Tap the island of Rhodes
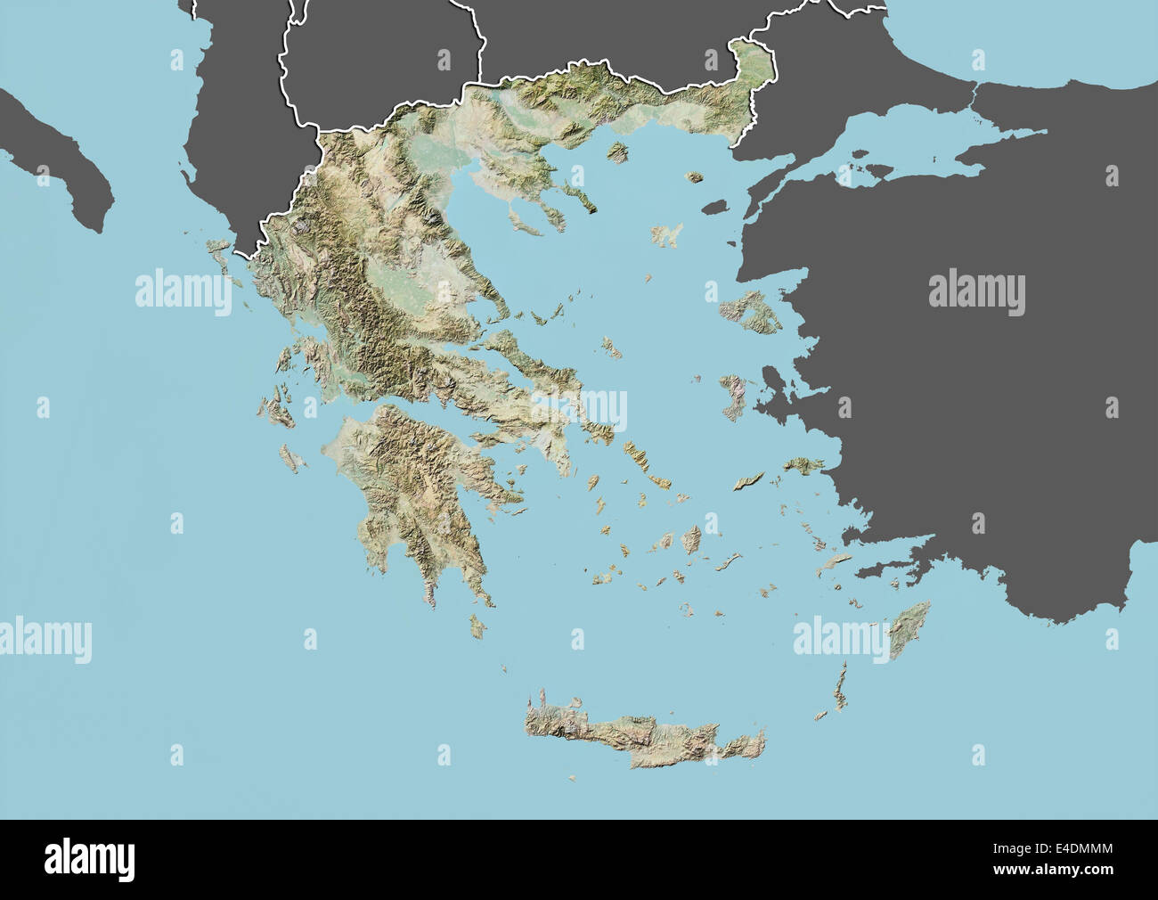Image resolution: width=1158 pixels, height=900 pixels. [909, 628]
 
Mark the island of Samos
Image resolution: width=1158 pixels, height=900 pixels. [804, 465]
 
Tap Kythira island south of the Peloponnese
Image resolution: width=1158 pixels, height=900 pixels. [478, 627]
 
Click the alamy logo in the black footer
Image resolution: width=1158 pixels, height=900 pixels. [89, 860]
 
